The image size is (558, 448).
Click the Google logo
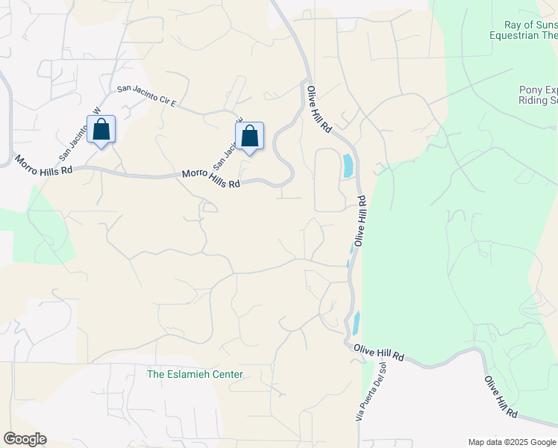point(25,439)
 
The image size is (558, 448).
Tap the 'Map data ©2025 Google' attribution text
point(511,442)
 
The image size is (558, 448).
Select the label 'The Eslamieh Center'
point(195,374)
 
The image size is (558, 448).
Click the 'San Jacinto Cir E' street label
point(145,94)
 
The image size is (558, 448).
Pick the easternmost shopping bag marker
point(249,137)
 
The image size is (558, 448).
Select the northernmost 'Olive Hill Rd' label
point(319,109)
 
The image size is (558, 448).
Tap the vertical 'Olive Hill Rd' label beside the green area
point(361,222)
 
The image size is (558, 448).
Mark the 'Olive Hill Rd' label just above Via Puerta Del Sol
point(378,353)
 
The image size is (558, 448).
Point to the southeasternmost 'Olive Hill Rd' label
point(501,397)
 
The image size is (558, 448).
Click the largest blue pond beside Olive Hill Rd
point(348,165)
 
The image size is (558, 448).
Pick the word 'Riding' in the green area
point(529,101)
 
